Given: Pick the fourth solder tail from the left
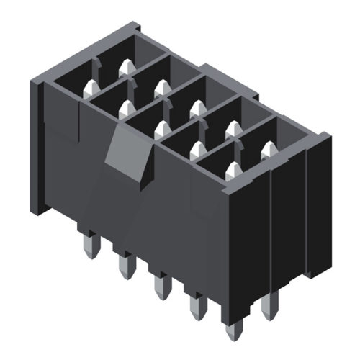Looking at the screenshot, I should pos(195,307).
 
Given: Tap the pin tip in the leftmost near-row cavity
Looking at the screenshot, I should pos(91,88).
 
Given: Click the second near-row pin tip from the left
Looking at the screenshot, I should pos(126,108).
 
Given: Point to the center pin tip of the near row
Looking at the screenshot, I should pos(161,127).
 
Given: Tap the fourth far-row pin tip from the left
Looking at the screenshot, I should pos(232,127).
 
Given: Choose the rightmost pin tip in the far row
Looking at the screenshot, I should pos(269,148).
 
